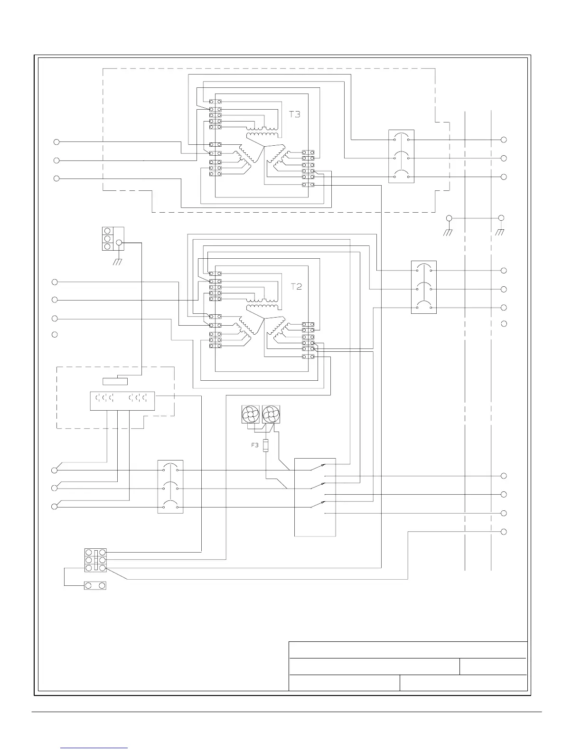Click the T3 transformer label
coord(295,114)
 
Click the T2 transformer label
coord(296,287)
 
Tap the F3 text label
coord(255,445)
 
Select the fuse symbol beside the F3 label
coord(265,445)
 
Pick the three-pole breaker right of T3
coord(401,156)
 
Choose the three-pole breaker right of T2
coord(423,287)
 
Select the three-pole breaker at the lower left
coord(170,487)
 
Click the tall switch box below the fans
coord(315,497)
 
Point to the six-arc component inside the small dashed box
coord(122,401)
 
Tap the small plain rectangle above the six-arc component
coord(115,381)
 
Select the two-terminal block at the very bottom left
coord(95,586)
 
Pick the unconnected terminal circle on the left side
coord(55,335)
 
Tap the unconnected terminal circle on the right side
coord(504,324)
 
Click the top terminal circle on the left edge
coord(56,141)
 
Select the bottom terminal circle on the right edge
coord(504,532)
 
